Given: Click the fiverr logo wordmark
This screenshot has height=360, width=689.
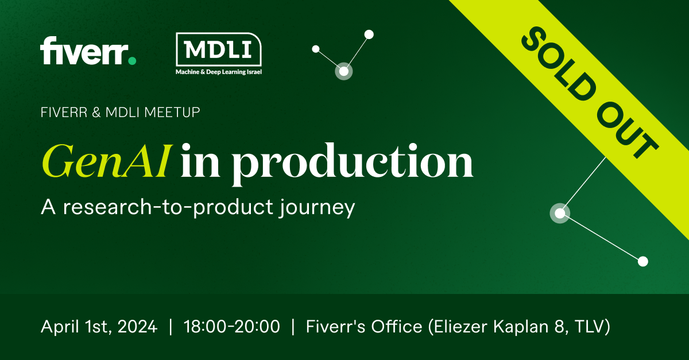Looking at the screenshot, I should coord(83,51).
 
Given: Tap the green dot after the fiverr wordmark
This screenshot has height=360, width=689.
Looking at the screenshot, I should coord(132,60).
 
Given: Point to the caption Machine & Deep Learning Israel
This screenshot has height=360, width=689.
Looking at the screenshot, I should coord(219,72).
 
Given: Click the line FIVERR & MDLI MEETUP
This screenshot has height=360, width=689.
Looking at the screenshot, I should coord(121,113).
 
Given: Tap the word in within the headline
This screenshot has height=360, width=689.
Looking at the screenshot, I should coord(200,162).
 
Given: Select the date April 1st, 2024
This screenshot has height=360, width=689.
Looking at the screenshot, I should coord(99,327).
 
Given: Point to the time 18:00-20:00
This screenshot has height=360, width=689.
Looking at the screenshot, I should coord(232,327).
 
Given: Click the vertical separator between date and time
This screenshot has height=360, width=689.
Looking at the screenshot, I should coord(171,327).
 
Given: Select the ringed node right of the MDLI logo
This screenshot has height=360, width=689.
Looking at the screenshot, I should coord(343,71).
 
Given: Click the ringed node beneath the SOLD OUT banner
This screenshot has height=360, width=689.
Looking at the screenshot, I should coord(559,213).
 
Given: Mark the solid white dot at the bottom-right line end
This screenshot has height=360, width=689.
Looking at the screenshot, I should coord(643,261).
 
